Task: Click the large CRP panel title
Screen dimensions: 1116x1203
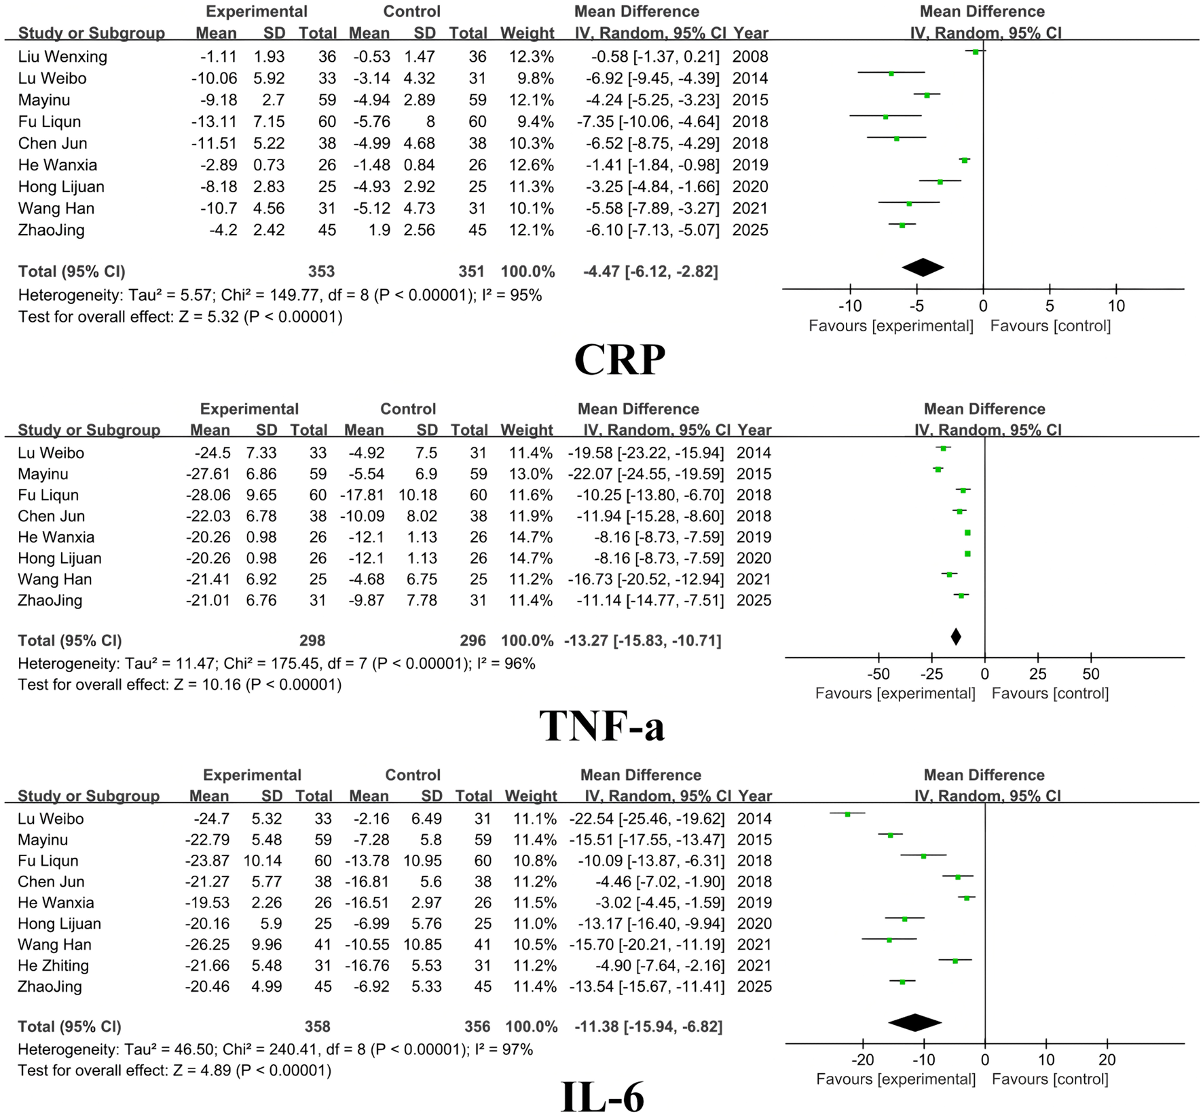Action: click(x=619, y=359)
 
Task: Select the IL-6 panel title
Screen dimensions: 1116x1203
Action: click(x=603, y=1095)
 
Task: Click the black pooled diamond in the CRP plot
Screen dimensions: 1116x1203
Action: click(x=923, y=267)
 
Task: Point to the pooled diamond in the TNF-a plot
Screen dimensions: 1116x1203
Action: click(x=956, y=637)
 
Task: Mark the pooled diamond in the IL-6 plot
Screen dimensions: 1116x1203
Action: click(x=914, y=1022)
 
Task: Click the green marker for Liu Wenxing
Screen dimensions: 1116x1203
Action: click(x=976, y=52)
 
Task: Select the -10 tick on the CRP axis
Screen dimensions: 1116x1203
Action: click(x=850, y=306)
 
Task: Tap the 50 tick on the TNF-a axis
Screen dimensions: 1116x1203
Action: click(x=1090, y=675)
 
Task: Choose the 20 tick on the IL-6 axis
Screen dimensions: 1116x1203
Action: click(x=1107, y=1060)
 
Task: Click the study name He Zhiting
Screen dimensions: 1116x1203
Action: click(x=53, y=965)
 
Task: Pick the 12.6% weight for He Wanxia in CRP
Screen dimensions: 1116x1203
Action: click(x=527, y=165)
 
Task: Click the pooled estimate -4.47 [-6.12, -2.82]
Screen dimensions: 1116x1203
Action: click(x=650, y=272)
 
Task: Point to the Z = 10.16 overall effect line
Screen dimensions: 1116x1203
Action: click(x=180, y=684)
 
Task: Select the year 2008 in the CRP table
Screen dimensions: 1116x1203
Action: click(x=750, y=56)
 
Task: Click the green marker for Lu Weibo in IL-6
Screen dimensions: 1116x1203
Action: click(x=847, y=814)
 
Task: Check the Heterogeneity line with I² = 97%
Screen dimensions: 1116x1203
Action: click(x=275, y=1049)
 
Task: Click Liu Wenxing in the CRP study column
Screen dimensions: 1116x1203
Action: click(x=62, y=56)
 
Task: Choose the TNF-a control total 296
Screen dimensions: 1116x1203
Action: click(x=473, y=640)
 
